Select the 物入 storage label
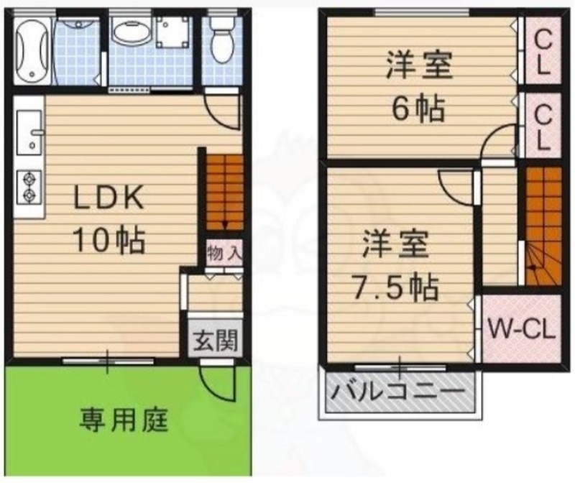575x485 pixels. pyautogui.click(x=224, y=252)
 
